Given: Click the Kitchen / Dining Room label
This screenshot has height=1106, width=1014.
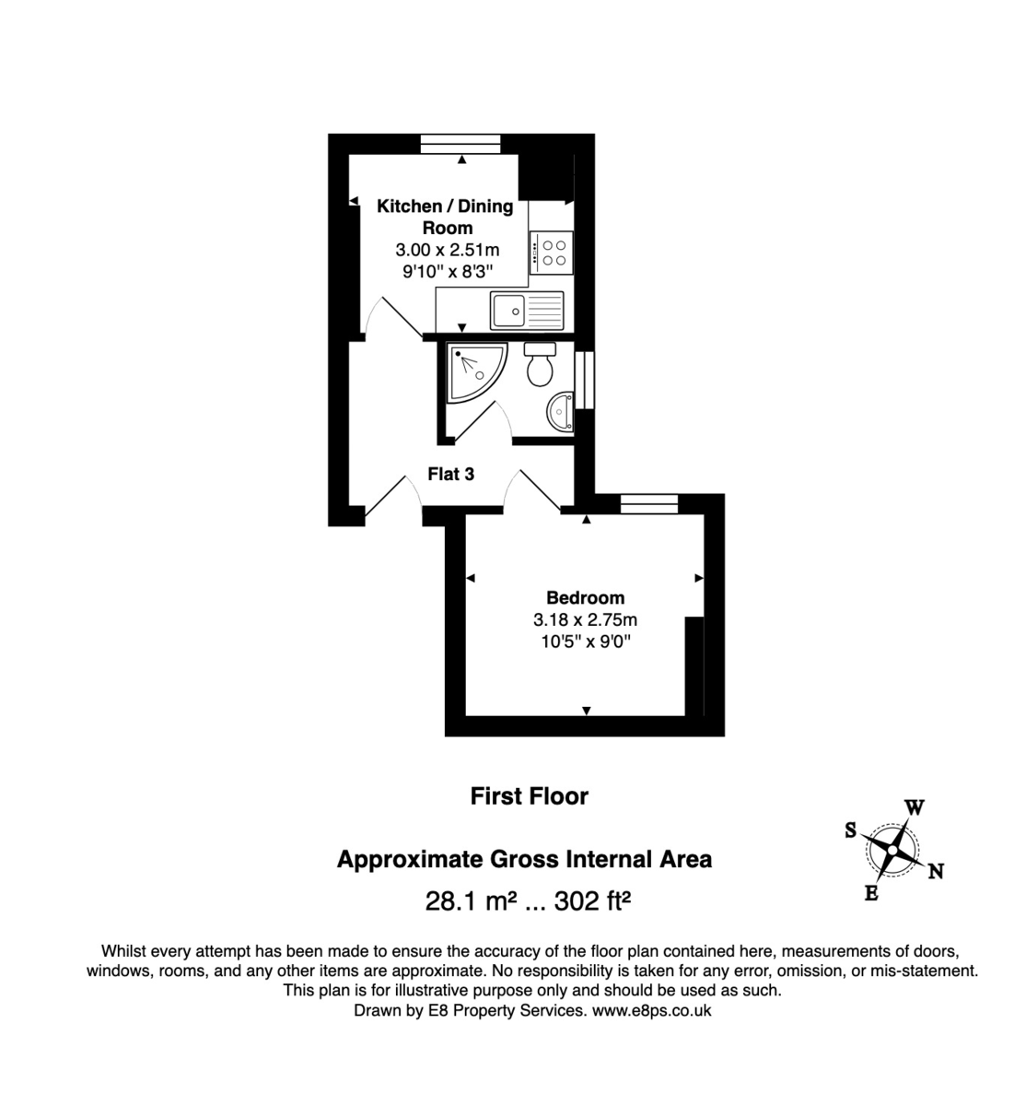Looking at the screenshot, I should [x=446, y=217].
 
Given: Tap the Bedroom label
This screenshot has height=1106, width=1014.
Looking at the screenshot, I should [x=585, y=597].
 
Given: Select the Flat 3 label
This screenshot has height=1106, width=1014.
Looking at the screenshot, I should [x=451, y=475].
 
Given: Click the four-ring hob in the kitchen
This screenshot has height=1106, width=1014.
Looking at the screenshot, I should [x=554, y=253].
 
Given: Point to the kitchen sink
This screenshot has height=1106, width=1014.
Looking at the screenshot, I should [x=526, y=310].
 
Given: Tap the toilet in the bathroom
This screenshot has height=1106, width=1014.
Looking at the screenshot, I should [x=539, y=365].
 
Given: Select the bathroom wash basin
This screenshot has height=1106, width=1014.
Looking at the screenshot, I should [x=561, y=410].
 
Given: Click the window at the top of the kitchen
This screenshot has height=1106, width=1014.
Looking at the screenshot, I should [x=460, y=144].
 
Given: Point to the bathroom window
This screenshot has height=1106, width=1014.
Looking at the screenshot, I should [x=584, y=381].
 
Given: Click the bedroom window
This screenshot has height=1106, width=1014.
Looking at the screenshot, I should [x=648, y=503].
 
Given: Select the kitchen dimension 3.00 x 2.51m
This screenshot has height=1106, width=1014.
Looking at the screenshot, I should [x=447, y=250].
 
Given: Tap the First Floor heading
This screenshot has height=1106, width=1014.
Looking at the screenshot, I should [x=529, y=796].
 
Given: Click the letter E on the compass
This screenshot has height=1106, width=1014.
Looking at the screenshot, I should [x=870, y=892].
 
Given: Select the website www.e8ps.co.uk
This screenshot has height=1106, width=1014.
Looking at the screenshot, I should [x=650, y=1010].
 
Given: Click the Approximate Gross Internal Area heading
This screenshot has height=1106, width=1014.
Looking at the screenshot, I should [x=524, y=860].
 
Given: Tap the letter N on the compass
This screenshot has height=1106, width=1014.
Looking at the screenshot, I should [x=935, y=871].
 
